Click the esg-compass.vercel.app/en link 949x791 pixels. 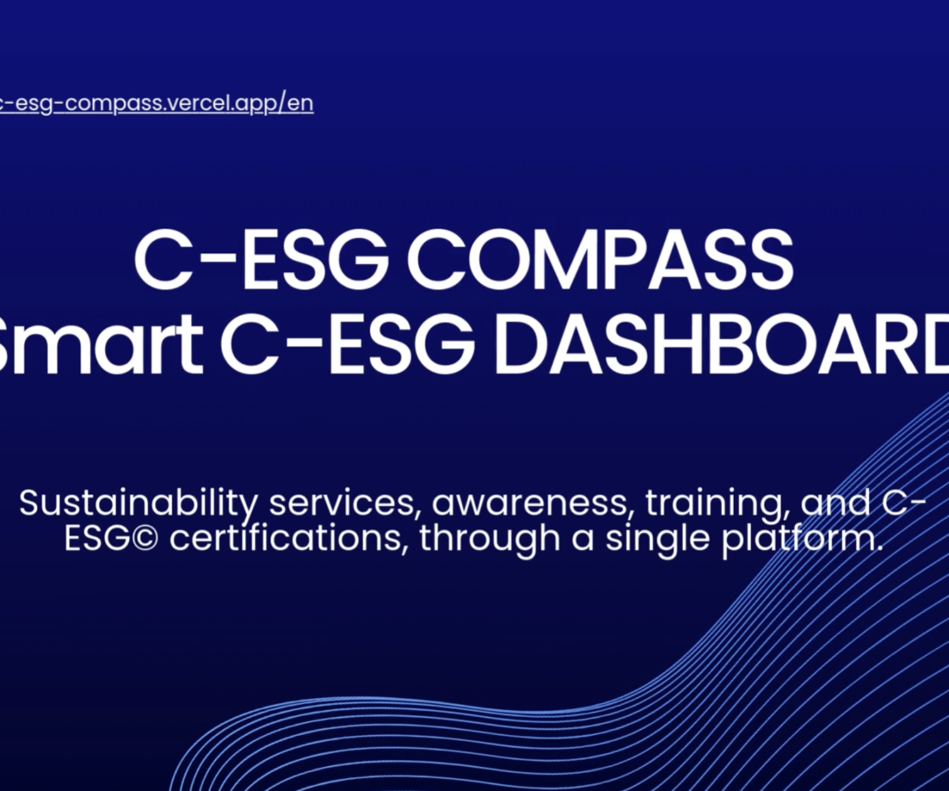pos(156,104)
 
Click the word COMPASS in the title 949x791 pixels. pos(600,261)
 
